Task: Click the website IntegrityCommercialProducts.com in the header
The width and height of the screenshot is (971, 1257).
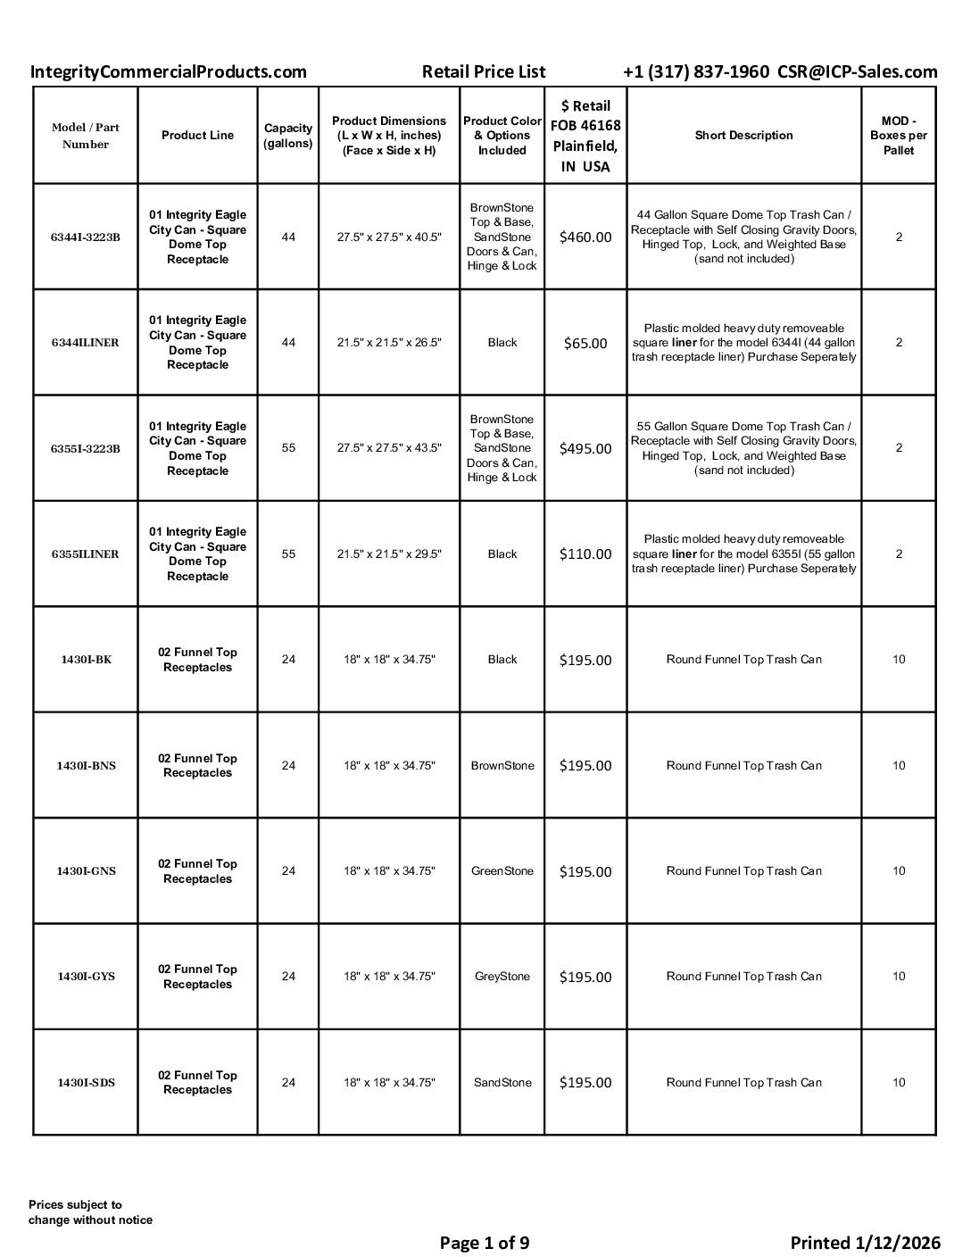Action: tap(168, 72)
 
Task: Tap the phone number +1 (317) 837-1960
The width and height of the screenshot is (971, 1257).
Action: tap(695, 72)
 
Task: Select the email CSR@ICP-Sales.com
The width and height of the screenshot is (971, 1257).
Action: tap(857, 72)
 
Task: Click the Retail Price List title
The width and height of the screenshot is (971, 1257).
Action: tap(483, 72)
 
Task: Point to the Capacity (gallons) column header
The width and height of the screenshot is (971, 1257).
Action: tap(288, 136)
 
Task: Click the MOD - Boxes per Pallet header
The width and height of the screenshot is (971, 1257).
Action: tap(898, 136)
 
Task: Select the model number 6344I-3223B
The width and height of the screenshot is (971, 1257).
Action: tap(86, 237)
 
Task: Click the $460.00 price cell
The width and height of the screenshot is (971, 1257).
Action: tap(585, 237)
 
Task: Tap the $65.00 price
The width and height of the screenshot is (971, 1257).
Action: tap(585, 343)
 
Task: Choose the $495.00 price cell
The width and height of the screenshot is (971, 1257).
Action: tap(585, 448)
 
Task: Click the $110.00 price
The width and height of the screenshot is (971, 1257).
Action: tap(585, 554)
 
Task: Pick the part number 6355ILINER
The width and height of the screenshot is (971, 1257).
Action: tap(86, 554)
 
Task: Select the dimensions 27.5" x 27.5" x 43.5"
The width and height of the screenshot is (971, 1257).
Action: tap(389, 448)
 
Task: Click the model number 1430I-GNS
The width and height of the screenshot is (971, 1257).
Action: tap(86, 871)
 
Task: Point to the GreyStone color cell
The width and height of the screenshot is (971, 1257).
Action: tap(502, 977)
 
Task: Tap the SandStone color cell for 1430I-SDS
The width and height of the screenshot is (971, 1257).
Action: tap(502, 1082)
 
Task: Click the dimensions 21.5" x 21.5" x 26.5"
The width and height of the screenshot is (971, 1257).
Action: tap(389, 343)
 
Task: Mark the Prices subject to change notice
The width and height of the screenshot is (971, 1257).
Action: tap(90, 1212)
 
